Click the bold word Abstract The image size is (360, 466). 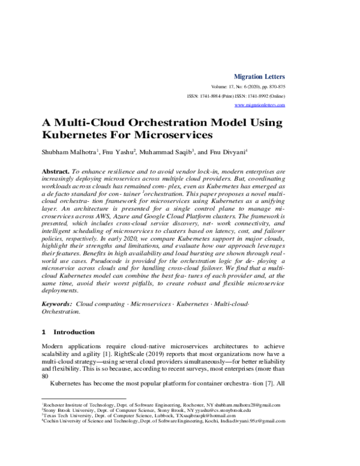55,171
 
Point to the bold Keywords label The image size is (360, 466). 57,305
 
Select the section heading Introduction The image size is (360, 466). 74,332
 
